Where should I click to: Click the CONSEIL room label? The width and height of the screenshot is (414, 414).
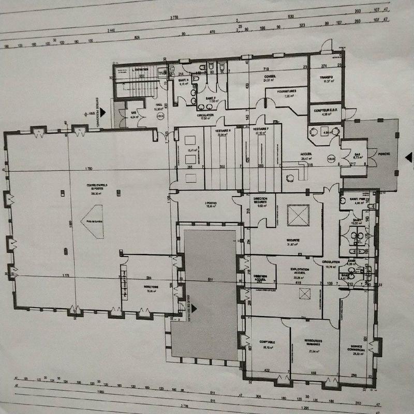270,77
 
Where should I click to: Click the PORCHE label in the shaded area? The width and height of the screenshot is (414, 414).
384,154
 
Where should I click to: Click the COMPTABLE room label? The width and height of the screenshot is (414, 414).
268,343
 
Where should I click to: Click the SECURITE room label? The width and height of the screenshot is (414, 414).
293,241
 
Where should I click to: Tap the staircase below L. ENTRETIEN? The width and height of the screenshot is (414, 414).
136,88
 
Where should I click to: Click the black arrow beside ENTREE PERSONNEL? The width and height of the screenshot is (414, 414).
103,111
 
